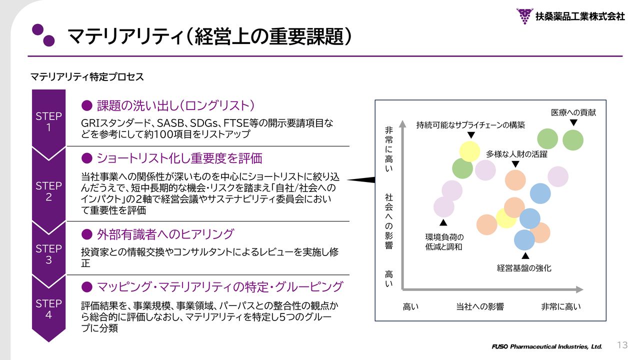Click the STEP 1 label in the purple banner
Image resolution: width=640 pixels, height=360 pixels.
(48, 121)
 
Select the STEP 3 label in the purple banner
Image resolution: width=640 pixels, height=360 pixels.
(48, 254)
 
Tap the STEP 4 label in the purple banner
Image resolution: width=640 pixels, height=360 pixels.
(48, 309)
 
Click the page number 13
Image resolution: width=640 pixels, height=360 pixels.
(622, 345)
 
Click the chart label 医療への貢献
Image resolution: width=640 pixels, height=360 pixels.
(573, 112)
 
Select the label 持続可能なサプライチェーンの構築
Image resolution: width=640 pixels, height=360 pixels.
(470, 125)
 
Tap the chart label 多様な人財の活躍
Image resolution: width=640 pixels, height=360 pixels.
(516, 154)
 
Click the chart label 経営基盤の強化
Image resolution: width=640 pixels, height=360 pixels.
(524, 268)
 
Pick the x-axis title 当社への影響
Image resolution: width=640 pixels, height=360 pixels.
(480, 306)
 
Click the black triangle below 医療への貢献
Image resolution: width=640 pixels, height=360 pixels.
(573, 123)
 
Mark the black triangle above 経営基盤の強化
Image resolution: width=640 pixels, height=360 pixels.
(525, 255)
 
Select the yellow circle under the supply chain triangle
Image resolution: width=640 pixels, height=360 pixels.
(469, 151)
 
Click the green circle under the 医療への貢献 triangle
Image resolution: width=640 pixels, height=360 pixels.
(573, 140)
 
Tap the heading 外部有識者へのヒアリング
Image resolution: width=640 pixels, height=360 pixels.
(165, 234)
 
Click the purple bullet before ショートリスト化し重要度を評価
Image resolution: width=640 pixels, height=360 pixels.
(87, 158)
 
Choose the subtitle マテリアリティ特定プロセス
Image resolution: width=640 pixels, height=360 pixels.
(87, 77)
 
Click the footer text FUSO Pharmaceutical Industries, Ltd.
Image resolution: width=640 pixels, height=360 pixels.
(547, 346)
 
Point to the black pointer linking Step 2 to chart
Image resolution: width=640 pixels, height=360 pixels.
(361, 180)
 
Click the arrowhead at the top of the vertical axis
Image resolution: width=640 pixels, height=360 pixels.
(402, 123)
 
